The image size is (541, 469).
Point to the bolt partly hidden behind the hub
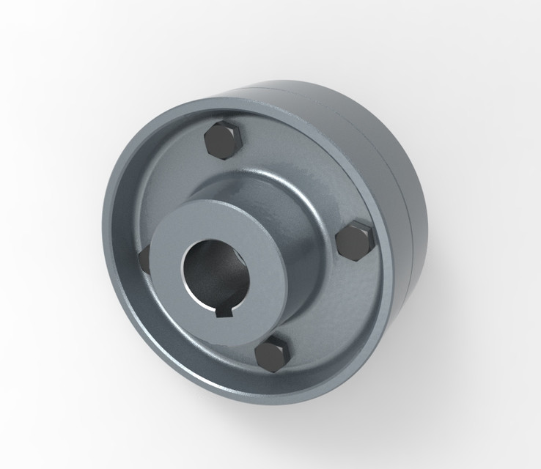click(x=144, y=257)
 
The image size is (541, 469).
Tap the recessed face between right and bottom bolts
click(x=330, y=308)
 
